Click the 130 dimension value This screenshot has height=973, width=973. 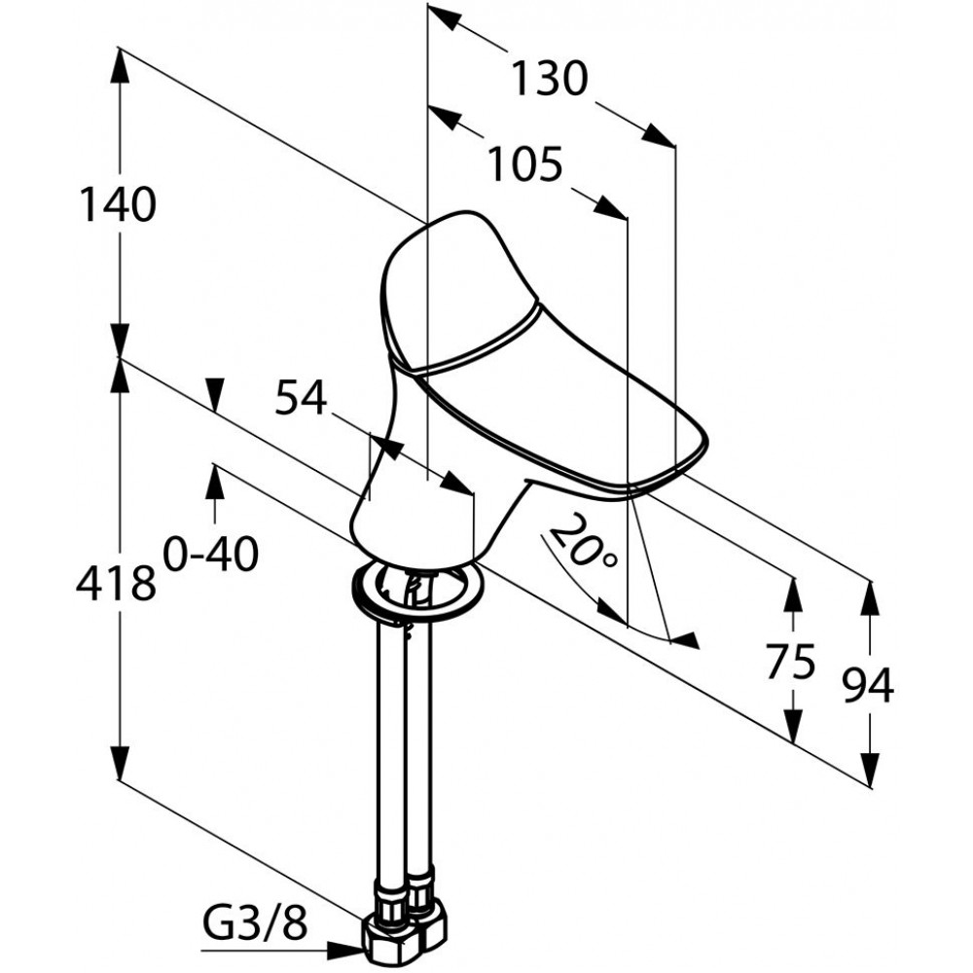[549, 79]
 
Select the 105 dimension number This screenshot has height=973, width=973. [525, 164]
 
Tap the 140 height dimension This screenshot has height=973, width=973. [118, 204]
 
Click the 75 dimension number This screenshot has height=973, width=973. [790, 662]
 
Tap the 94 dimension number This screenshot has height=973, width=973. [868, 685]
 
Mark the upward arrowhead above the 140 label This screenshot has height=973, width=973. [119, 66]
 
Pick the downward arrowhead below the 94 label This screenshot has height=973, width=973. [871, 770]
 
